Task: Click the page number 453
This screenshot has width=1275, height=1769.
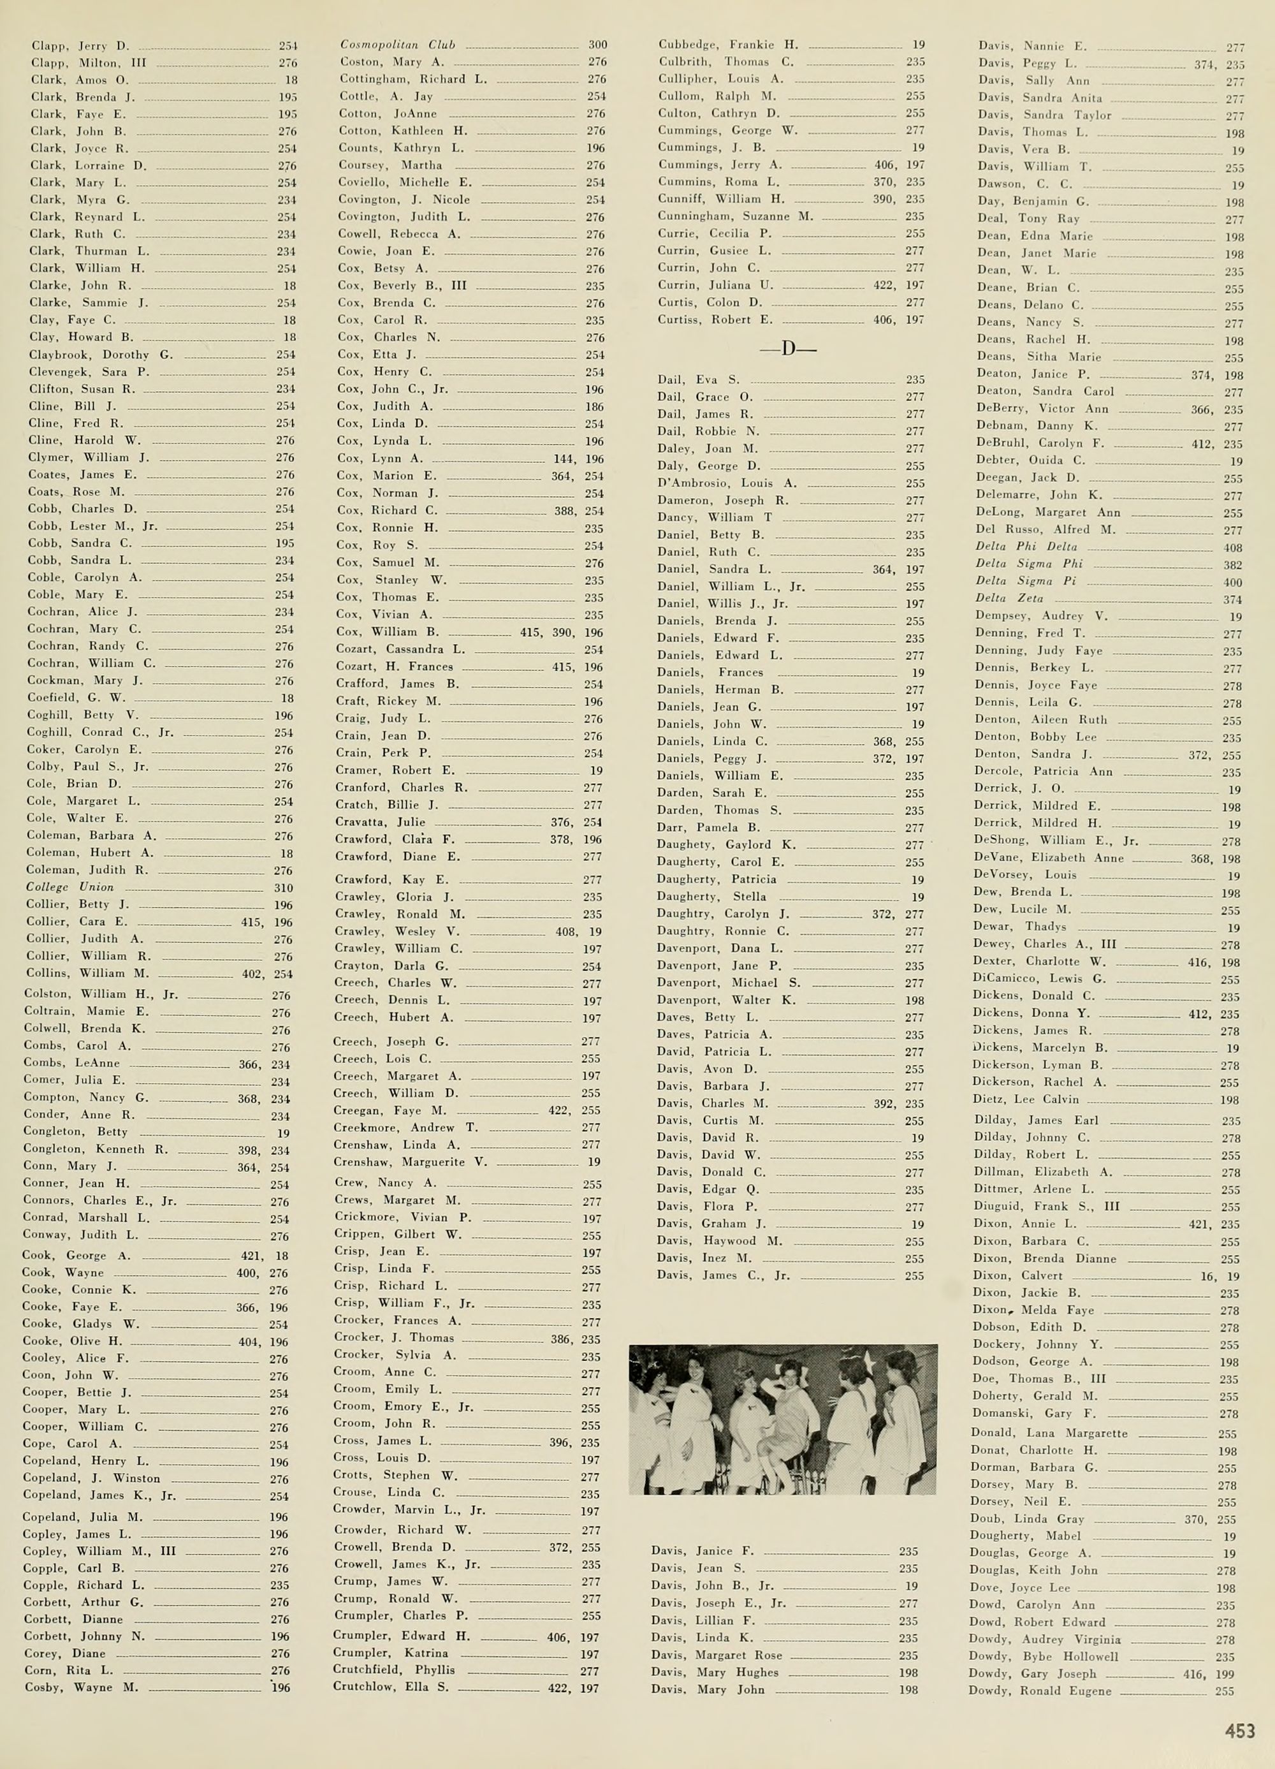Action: (1239, 1731)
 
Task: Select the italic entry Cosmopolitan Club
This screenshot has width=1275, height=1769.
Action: (398, 45)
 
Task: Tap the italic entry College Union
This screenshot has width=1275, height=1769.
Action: (70, 887)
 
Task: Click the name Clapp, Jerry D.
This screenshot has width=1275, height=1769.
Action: (80, 46)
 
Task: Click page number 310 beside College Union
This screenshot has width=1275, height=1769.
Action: (283, 888)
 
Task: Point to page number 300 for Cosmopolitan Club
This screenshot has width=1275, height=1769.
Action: (597, 45)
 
